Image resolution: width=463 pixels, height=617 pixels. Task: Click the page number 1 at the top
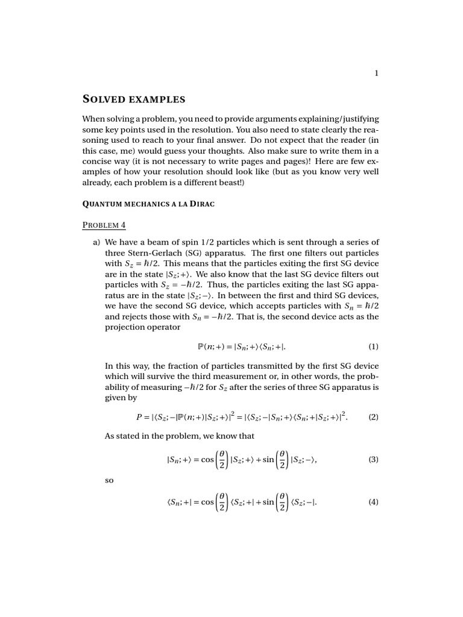(x=376, y=74)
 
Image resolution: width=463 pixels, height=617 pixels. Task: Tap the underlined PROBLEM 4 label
(x=104, y=225)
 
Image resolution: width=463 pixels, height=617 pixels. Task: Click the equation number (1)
(x=373, y=346)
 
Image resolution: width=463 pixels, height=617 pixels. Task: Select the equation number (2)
(x=373, y=416)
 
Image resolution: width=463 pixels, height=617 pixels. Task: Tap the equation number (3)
(x=373, y=459)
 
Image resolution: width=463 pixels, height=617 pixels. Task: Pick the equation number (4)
(x=373, y=502)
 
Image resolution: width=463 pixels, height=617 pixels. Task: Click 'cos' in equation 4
(x=207, y=503)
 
